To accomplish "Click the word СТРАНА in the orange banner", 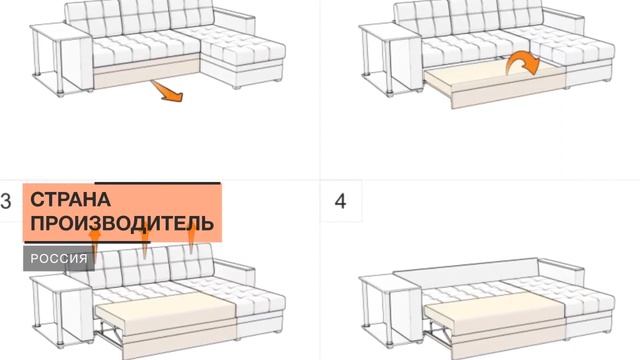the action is [x=70, y=200].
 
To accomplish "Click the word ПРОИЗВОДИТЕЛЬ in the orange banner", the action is [x=122, y=223].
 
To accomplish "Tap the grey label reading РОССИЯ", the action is [x=59, y=258].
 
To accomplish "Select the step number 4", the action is [x=340, y=201].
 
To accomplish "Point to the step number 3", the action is [x=5, y=201].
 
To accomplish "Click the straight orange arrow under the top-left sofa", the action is [x=167, y=91].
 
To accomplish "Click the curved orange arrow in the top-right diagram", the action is [x=522, y=62].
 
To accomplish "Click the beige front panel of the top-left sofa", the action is [x=146, y=71].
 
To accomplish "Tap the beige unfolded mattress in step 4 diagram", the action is [x=495, y=313].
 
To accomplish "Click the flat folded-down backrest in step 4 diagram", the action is [x=465, y=271].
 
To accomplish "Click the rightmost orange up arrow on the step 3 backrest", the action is [x=191, y=241].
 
